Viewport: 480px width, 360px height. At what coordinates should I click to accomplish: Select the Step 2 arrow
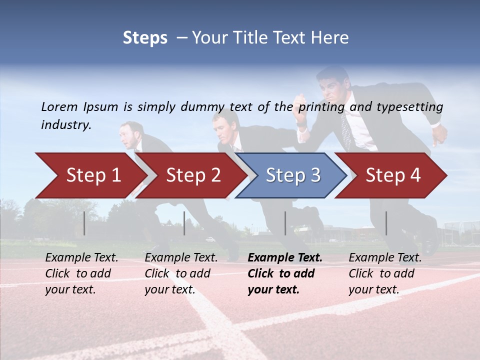[x=192, y=175]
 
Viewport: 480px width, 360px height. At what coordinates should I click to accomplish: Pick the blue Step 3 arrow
[x=292, y=175]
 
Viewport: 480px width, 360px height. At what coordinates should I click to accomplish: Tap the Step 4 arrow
[x=392, y=175]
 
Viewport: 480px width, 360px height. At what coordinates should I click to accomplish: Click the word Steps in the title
[x=145, y=38]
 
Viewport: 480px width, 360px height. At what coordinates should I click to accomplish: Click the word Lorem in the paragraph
[x=59, y=106]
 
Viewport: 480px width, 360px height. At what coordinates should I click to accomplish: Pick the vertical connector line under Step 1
[x=84, y=223]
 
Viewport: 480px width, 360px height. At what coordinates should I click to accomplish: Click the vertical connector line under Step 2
[x=184, y=223]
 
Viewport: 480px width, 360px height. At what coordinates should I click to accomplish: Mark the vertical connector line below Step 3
[x=285, y=223]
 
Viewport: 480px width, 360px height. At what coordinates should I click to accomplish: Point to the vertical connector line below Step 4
[x=386, y=223]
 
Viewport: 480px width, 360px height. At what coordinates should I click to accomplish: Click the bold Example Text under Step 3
[x=285, y=258]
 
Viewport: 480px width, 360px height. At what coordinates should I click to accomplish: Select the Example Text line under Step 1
[x=82, y=258]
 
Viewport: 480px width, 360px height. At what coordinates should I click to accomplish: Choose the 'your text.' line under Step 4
[x=373, y=289]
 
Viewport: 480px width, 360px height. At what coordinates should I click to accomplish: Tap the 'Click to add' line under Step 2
[x=177, y=274]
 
